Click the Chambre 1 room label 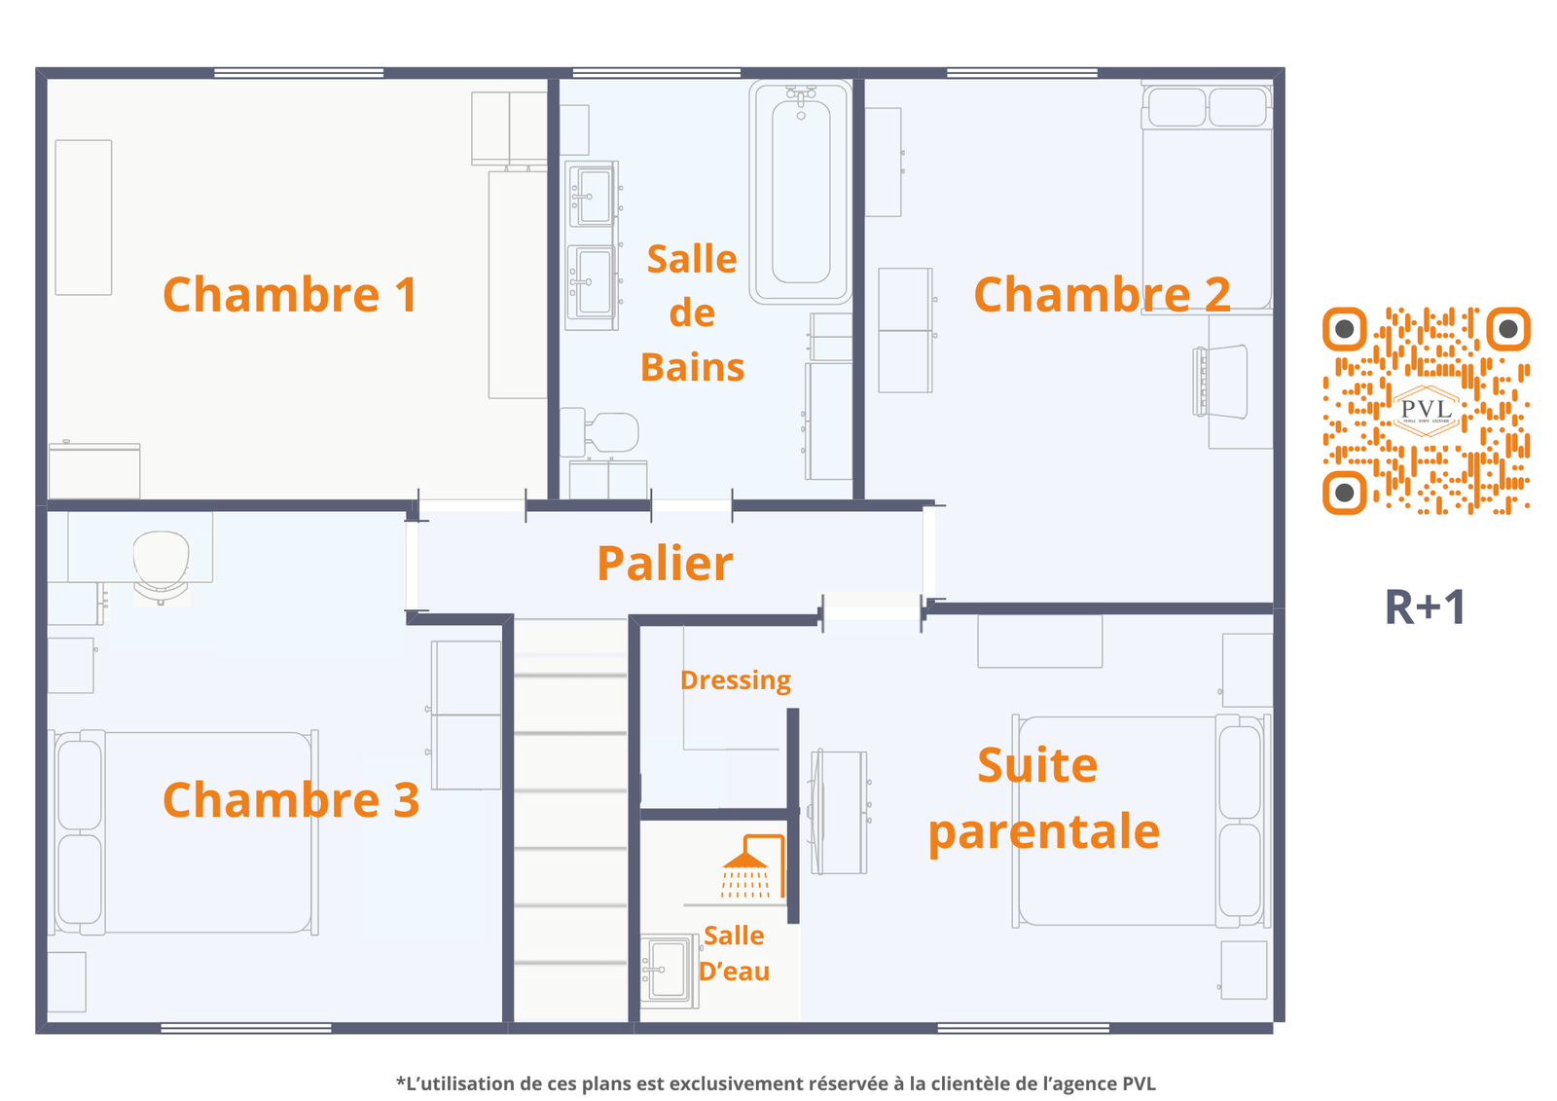pos(290,295)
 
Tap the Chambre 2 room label pos(1102,295)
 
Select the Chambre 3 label pos(291,800)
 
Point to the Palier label pos(665,564)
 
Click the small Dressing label pos(736,680)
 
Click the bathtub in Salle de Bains pos(801,192)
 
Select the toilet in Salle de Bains pos(600,432)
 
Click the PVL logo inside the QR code pos(1427,411)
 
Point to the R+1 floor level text pos(1425,607)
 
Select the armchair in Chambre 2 pos(1220,382)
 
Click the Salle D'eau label pos(734,954)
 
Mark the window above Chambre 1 pos(299,73)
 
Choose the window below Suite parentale pos(1023,1028)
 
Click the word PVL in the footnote pos(1140,1083)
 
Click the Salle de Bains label pos(692,313)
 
